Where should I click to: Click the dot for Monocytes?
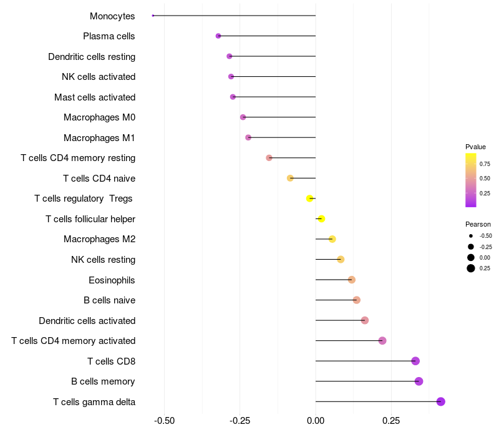pyautogui.click(x=153, y=16)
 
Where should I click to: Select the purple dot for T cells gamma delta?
pyautogui.click(x=441, y=401)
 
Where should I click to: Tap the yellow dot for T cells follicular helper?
pyautogui.click(x=321, y=219)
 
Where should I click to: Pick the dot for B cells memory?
pyautogui.click(x=419, y=381)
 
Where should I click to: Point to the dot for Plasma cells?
pyautogui.click(x=218, y=36)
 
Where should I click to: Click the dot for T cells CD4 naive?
pyautogui.click(x=290, y=178)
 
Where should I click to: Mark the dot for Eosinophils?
pyautogui.click(x=352, y=280)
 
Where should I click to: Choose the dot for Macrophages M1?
pyautogui.click(x=248, y=137)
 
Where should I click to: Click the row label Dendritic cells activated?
pyautogui.click(x=87, y=321)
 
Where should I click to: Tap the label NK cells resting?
pyautogui.click(x=103, y=260)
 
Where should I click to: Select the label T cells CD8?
pyautogui.click(x=111, y=361)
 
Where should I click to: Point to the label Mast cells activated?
pyautogui.click(x=95, y=97)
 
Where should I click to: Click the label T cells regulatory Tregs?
pyautogui.click(x=84, y=199)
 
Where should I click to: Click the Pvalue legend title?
pyautogui.click(x=475, y=147)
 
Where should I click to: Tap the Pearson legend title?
pyautogui.click(x=478, y=224)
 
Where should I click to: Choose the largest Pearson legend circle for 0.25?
pyautogui.click(x=471, y=268)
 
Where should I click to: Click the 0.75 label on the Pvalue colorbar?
pyautogui.click(x=485, y=164)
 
